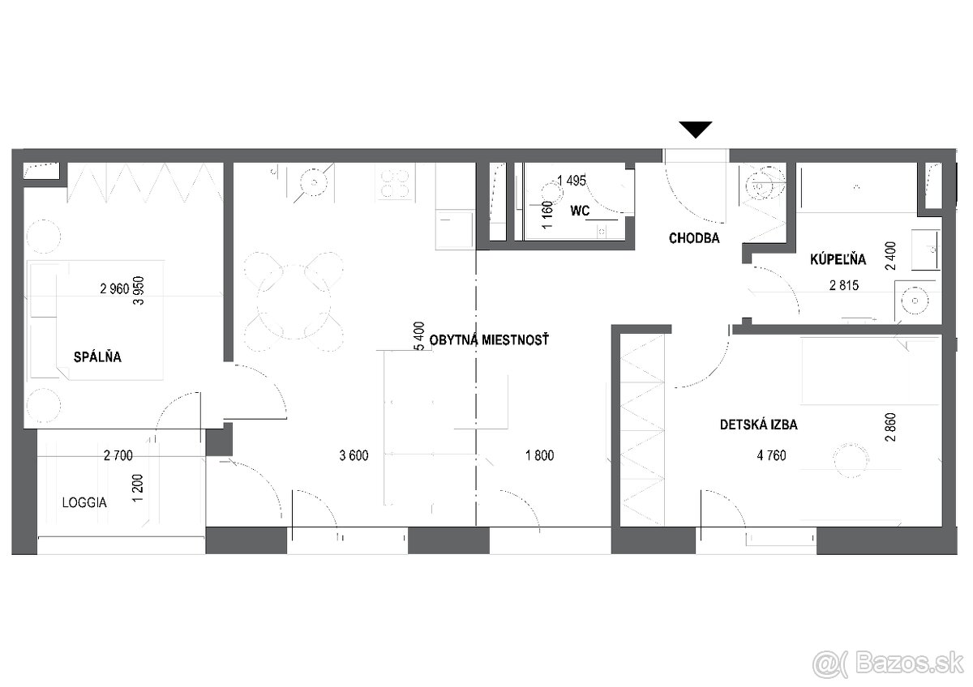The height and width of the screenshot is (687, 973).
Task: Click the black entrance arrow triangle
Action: [x=696, y=130]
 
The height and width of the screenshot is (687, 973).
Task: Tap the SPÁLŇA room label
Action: [x=97, y=356]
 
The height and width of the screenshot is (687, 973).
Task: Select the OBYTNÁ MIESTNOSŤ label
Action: [x=489, y=339]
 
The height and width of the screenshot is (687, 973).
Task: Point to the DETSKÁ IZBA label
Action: [x=758, y=425]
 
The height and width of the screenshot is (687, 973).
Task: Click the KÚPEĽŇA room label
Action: [x=838, y=258]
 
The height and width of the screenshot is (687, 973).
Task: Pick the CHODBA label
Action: [x=694, y=238]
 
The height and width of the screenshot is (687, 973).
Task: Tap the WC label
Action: [x=580, y=211]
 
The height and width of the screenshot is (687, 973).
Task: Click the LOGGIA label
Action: [x=84, y=502]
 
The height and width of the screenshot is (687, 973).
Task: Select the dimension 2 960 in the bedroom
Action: [x=114, y=288]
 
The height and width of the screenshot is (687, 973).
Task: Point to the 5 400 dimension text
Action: [x=418, y=336]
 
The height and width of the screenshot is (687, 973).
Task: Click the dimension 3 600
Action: [x=354, y=455]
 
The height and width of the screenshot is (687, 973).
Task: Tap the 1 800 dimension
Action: [x=539, y=455]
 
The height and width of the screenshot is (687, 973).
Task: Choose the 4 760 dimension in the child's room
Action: [x=771, y=455]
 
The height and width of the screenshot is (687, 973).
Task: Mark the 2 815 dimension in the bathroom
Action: [x=844, y=285]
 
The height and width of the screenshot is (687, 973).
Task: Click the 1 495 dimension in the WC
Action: [x=572, y=181]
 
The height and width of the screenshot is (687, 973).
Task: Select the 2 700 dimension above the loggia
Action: [x=118, y=455]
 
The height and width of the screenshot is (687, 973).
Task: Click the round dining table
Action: [x=294, y=301]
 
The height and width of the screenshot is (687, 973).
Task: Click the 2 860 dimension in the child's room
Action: [x=890, y=427]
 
